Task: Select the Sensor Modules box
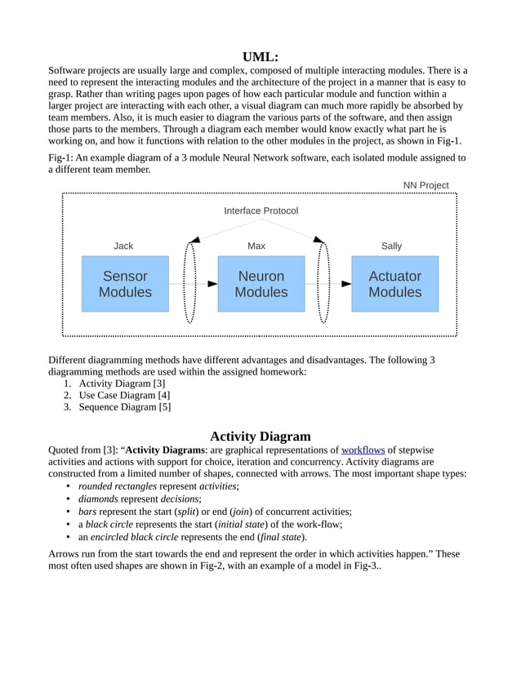pyautogui.click(x=125, y=284)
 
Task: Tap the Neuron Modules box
pyautogui.click(x=261, y=284)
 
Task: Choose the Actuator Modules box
pyautogui.click(x=394, y=284)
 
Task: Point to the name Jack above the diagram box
pyautogui.click(x=123, y=246)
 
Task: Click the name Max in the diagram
pyautogui.click(x=256, y=246)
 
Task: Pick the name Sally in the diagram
pyautogui.click(x=391, y=246)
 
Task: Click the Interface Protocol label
pyautogui.click(x=261, y=211)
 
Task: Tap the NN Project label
pyautogui.click(x=425, y=185)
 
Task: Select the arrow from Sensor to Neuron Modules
pyautogui.click(x=194, y=283)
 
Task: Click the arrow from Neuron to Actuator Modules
pyautogui.click(x=328, y=283)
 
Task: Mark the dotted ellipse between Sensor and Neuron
pyautogui.click(x=190, y=282)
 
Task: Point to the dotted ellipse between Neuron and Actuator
pyautogui.click(x=323, y=282)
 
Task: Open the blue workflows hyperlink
pyautogui.click(x=363, y=450)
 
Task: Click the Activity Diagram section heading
pyautogui.click(x=260, y=436)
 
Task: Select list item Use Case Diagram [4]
pyautogui.click(x=124, y=395)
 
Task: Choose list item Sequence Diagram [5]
pyautogui.click(x=125, y=407)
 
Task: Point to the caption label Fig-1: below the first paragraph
pyautogui.click(x=63, y=157)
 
